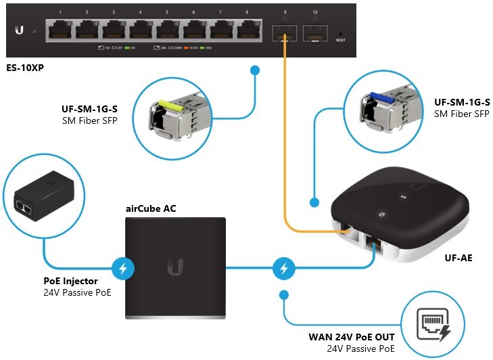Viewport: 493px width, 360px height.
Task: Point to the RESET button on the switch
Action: point(340,33)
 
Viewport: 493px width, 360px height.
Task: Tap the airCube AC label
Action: point(151,208)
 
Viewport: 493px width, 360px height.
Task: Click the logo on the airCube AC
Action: point(175,267)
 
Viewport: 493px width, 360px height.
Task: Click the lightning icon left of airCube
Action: point(122,268)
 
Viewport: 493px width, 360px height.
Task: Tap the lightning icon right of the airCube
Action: point(283,268)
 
